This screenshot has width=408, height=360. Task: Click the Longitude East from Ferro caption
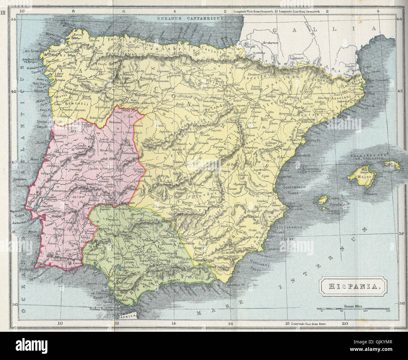309,332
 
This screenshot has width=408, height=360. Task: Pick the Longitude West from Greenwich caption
253,12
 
